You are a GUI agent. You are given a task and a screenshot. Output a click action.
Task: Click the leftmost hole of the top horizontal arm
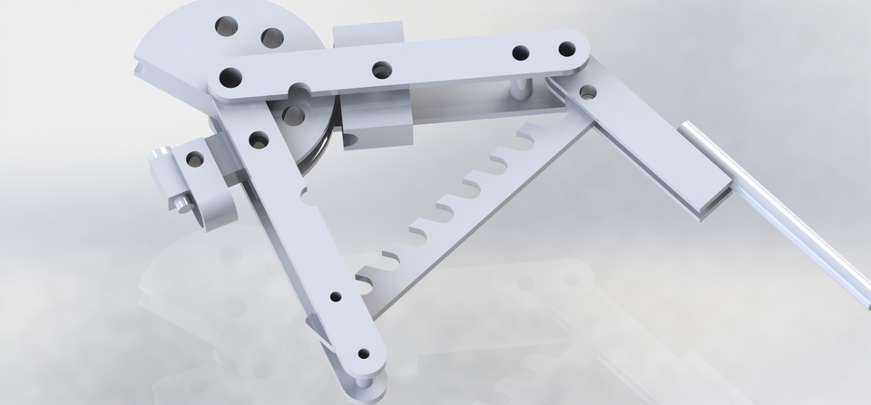click(230, 77)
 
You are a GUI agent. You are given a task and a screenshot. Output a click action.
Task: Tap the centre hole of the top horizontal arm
click(382, 70)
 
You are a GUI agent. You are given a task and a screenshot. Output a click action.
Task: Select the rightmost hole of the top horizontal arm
click(567, 49)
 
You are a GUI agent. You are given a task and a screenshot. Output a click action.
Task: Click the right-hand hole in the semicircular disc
click(272, 37)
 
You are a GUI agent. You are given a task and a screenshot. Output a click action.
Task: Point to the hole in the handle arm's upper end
click(588, 92)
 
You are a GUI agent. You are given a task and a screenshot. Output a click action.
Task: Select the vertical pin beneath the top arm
click(518, 88)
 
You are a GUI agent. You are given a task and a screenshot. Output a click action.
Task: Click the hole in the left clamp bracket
click(195, 159)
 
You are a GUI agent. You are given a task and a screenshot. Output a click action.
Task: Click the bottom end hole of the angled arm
click(364, 354)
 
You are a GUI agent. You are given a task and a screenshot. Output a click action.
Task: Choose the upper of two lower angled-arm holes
click(336, 296)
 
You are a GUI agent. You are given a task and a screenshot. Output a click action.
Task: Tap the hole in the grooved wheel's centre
click(293, 115)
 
